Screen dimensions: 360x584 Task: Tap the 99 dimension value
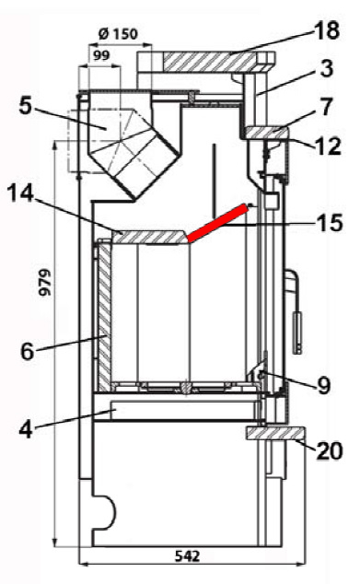(x=101, y=55)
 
